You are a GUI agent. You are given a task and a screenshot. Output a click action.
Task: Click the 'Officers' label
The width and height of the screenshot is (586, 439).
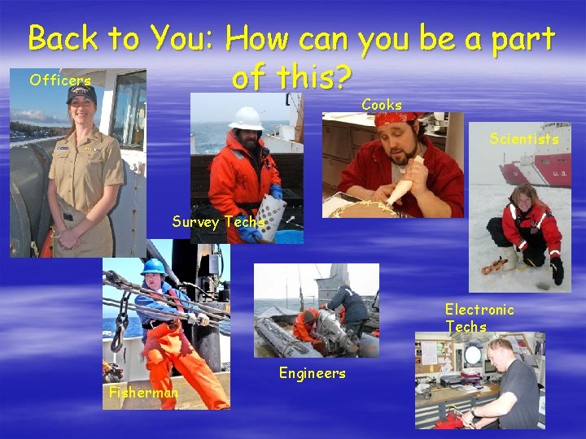59,80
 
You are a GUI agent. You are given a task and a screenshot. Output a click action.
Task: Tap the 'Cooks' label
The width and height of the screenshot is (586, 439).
382,105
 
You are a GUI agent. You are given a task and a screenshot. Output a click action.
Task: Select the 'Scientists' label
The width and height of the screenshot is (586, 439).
524,139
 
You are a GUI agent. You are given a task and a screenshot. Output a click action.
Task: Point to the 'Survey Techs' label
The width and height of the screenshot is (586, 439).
218,222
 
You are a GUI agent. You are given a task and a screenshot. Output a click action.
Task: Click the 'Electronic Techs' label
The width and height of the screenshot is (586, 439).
479,318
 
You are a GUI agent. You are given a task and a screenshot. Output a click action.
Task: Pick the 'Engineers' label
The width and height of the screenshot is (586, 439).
312,373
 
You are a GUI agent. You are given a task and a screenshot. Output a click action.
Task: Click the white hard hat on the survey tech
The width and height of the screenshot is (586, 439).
244,118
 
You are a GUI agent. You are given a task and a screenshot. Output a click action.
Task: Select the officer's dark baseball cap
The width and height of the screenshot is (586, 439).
81,94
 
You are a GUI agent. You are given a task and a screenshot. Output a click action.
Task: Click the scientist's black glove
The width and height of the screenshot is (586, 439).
557,271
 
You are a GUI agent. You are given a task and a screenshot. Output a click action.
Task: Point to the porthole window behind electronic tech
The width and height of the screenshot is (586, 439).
473,354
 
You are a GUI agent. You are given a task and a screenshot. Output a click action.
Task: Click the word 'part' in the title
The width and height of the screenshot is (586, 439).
519,39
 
